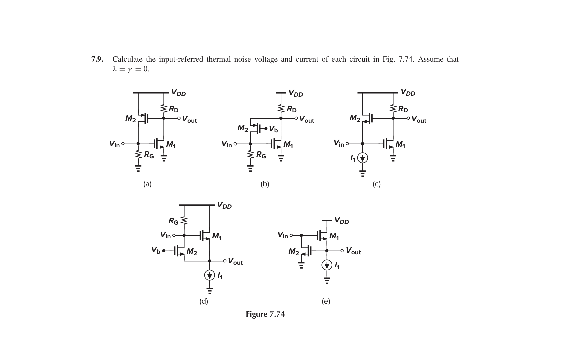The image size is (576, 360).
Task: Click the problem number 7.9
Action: point(97,59)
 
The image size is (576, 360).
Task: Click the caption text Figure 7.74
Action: point(265,314)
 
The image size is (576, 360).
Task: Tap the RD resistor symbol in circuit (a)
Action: point(164,108)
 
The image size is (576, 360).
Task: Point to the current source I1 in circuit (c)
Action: point(363,158)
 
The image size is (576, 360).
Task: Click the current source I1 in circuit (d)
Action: point(209,275)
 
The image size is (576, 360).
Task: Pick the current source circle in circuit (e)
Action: point(327,265)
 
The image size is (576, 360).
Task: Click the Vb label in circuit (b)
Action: point(273,129)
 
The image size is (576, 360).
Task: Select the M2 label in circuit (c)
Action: point(355,118)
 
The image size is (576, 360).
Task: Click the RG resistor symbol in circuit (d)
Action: point(184,221)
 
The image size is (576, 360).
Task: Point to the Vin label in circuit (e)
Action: point(283,235)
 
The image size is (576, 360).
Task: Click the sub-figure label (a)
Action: point(147,184)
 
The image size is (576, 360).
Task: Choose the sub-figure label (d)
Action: point(204,301)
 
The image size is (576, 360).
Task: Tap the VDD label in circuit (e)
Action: point(342,221)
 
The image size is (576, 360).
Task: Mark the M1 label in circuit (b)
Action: point(288,145)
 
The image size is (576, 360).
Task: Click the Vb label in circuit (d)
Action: point(156,250)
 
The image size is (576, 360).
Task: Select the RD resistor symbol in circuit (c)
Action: point(393,108)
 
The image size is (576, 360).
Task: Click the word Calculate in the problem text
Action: point(127,59)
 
